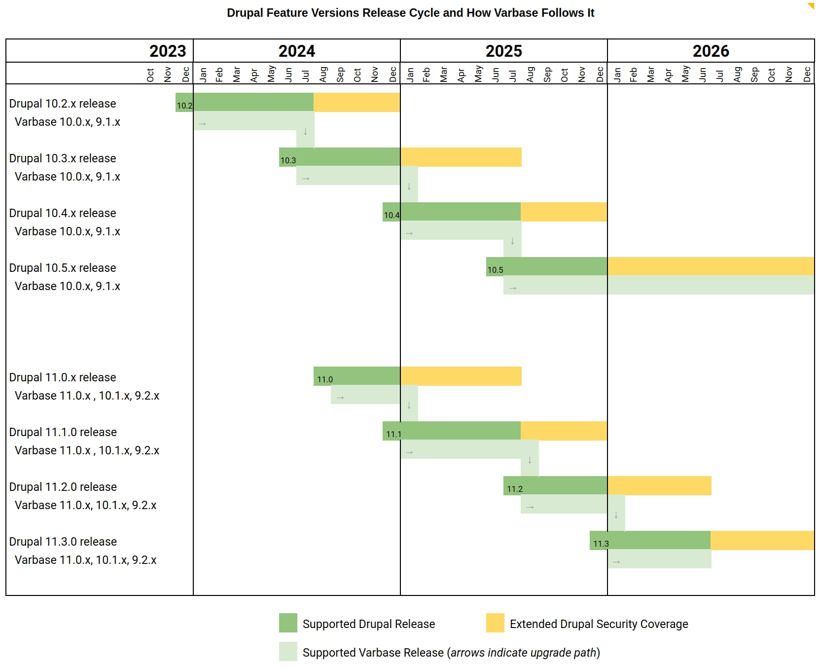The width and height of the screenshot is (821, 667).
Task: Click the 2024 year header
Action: point(296,51)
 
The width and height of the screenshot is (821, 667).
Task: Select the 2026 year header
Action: point(711,51)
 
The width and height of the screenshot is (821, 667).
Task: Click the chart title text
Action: point(410,13)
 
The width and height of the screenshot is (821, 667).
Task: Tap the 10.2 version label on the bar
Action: point(184,105)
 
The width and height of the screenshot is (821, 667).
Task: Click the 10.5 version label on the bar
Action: point(495,270)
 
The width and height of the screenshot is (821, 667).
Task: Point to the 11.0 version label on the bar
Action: point(325,379)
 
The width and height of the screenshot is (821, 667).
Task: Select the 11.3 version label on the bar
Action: point(601,544)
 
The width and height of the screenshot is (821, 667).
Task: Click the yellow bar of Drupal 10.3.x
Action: point(461,157)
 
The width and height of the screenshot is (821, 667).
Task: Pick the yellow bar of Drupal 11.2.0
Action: point(659,485)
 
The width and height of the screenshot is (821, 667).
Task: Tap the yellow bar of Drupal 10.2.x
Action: point(357,102)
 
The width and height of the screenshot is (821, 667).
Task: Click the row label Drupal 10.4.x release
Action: point(63,213)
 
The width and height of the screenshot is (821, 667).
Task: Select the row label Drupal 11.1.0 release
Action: point(63,432)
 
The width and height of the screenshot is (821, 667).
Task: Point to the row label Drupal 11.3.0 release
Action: point(63,542)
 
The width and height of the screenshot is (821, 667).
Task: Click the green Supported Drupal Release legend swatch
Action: point(288,623)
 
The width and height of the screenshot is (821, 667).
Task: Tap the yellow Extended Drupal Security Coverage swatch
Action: point(495,623)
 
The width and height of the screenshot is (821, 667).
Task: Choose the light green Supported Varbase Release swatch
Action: point(288,651)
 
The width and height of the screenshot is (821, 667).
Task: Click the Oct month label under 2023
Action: point(150,75)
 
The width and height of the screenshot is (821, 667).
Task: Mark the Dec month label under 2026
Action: point(807,75)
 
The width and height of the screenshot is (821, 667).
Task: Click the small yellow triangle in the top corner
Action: point(811,6)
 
